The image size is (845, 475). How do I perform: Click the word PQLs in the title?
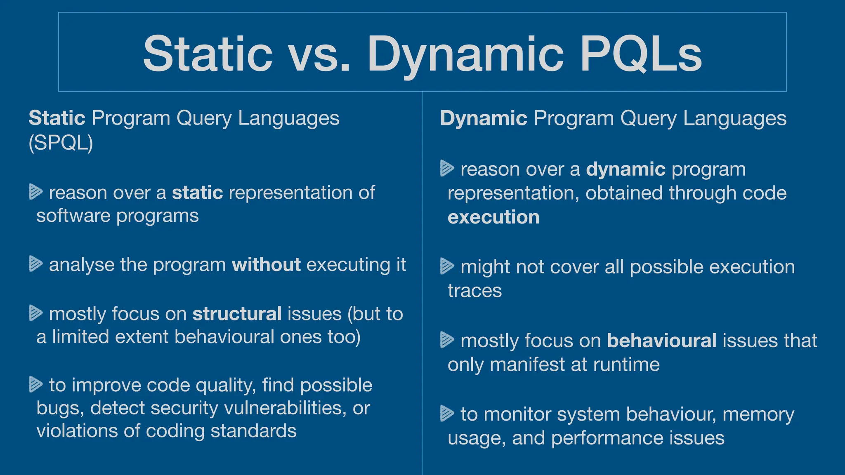[x=640, y=54]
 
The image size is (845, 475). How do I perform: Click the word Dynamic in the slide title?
[x=465, y=54]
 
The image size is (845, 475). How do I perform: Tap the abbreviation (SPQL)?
[x=61, y=143]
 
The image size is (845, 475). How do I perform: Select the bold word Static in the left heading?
[x=57, y=118]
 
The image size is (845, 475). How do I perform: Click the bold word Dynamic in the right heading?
[x=483, y=118]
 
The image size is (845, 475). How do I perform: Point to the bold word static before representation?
[x=197, y=193]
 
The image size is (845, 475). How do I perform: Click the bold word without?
[x=266, y=264]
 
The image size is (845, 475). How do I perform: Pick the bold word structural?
[x=237, y=314]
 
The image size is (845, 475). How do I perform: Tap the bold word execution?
[x=493, y=217]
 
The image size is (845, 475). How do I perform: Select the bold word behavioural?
[x=662, y=341]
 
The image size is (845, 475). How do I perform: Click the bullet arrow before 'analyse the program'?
[x=36, y=264]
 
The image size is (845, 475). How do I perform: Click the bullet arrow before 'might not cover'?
[x=447, y=266]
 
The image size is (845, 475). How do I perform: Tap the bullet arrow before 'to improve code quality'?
[x=36, y=384]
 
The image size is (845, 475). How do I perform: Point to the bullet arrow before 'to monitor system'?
[x=447, y=414]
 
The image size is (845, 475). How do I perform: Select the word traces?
[x=474, y=291]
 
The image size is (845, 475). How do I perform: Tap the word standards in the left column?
[x=253, y=431]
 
